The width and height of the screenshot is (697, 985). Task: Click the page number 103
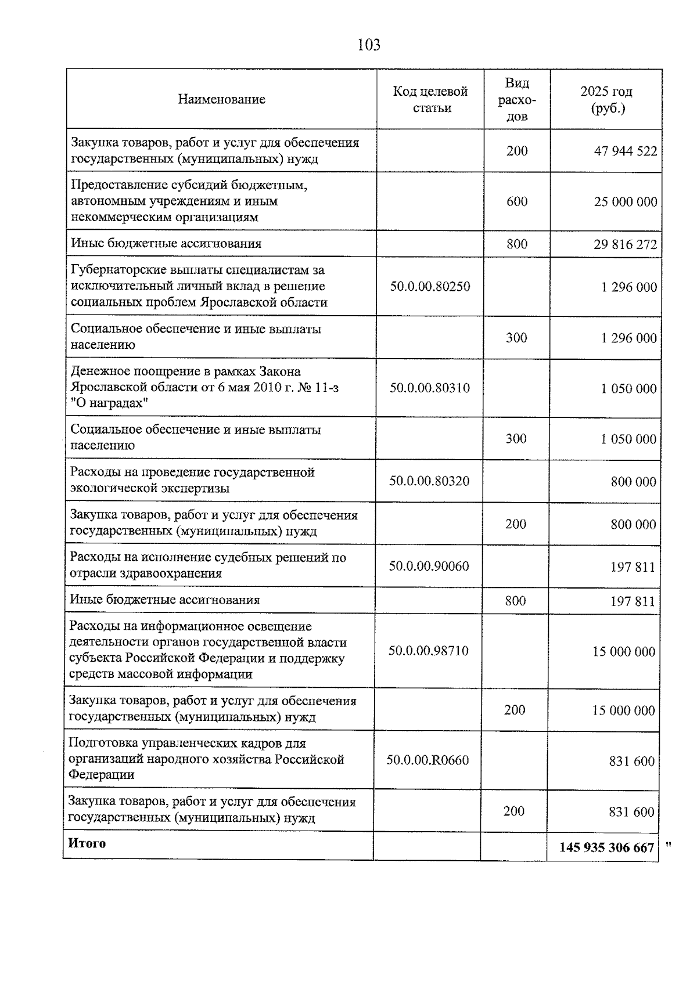point(369,45)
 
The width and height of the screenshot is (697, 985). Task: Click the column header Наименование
point(221,99)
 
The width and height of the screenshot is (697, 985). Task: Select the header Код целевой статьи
point(430,99)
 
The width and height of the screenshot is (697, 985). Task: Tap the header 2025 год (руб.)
point(606,99)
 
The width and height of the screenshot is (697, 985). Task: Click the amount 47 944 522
point(626,151)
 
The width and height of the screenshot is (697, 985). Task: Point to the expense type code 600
point(517,201)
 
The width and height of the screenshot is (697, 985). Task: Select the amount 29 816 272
point(626,244)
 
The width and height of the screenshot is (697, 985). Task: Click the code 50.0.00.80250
point(430,286)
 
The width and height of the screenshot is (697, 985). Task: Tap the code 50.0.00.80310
point(430,388)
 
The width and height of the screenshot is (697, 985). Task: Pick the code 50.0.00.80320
point(429,481)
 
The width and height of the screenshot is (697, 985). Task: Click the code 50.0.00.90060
point(429,566)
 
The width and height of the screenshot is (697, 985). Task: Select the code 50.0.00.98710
point(428,651)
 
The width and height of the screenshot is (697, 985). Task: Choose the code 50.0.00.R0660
point(427,760)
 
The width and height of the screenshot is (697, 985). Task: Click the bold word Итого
point(87,843)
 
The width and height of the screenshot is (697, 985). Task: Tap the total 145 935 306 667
point(606,848)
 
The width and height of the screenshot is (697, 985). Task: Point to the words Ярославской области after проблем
point(264,302)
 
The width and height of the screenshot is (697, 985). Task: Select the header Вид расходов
point(517,99)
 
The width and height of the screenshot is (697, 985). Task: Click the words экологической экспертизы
point(149,488)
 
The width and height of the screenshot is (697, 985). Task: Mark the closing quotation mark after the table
point(669,845)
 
